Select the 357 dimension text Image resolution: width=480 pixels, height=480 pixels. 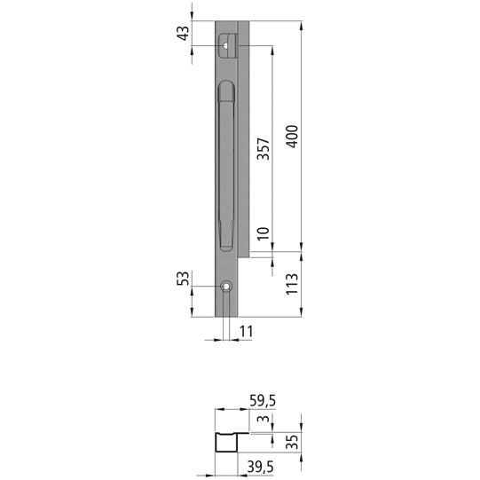(x=263, y=148)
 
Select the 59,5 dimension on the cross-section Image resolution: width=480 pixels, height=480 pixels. (x=263, y=401)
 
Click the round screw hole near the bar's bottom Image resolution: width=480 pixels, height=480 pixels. (x=227, y=287)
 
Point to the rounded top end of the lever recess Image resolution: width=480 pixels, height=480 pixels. (x=226, y=85)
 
